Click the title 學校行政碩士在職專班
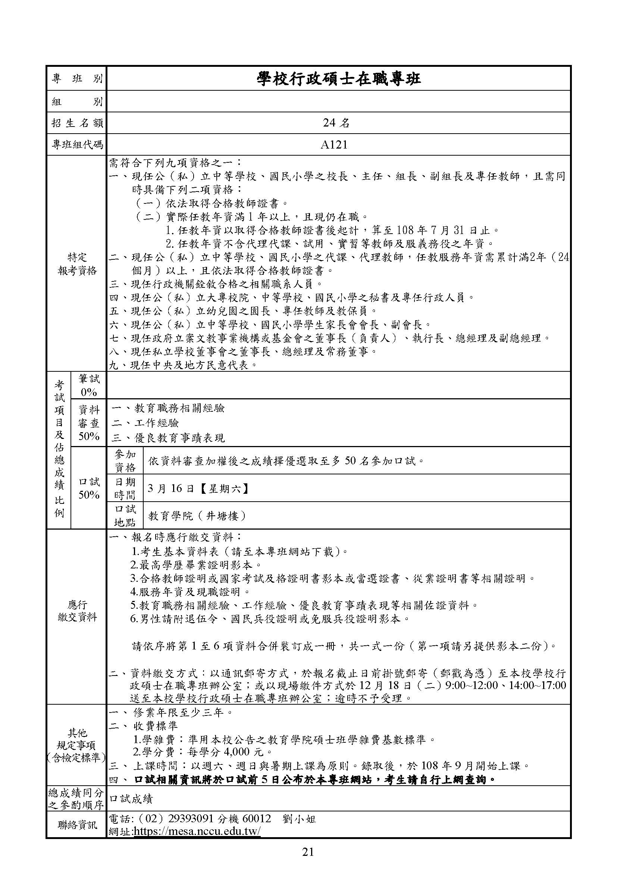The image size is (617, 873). tap(338, 79)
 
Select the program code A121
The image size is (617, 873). tap(334, 145)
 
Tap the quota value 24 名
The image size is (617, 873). tap(336, 123)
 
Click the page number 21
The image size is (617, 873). tap(308, 852)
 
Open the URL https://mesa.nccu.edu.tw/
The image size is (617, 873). tap(197, 831)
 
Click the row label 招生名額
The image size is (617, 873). tap(77, 123)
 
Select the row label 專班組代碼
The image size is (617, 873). tap(77, 145)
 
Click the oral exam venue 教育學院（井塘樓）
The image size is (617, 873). tap(197, 516)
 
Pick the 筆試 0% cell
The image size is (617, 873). tap(88, 385)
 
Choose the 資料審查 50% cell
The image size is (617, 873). tap(88, 423)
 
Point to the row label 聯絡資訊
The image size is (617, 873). tap(77, 825)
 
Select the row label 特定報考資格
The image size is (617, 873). tap(77, 264)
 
